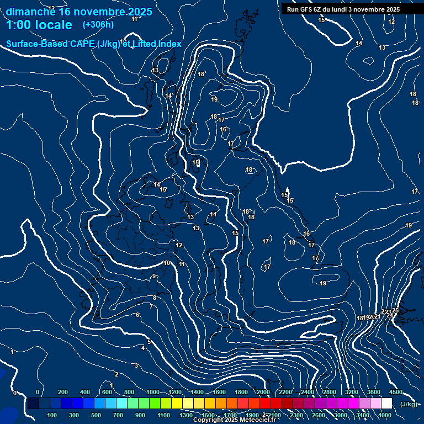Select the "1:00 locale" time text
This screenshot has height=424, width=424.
(39, 25)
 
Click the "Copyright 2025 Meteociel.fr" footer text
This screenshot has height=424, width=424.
(234, 420)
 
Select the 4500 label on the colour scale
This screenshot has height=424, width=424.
(395, 392)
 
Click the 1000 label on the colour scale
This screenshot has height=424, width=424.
(152, 392)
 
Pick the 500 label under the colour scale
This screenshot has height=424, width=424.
(96, 415)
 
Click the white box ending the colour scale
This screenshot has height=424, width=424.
(386, 404)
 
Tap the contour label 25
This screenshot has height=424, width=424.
(395, 311)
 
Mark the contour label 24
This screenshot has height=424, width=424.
(389, 315)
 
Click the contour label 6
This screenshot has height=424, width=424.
(137, 315)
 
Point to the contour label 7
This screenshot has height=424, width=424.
(151, 306)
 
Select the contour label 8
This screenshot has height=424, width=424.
(155, 298)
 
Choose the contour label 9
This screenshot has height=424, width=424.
(154, 276)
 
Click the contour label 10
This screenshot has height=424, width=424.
(167, 263)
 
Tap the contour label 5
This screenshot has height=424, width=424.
(149, 342)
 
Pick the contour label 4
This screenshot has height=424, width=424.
(143, 348)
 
